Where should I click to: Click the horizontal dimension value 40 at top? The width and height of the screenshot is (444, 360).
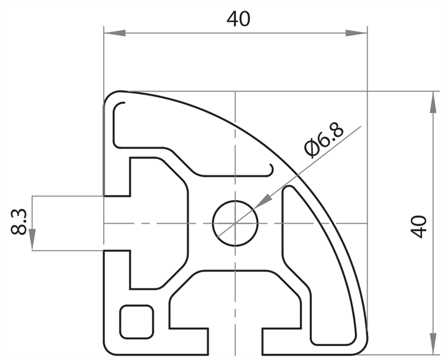(238, 19)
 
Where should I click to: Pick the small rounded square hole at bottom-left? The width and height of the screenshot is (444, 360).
(137, 321)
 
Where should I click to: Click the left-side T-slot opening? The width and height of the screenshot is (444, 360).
(117, 224)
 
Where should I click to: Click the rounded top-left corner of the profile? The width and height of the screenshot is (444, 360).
(110, 98)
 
